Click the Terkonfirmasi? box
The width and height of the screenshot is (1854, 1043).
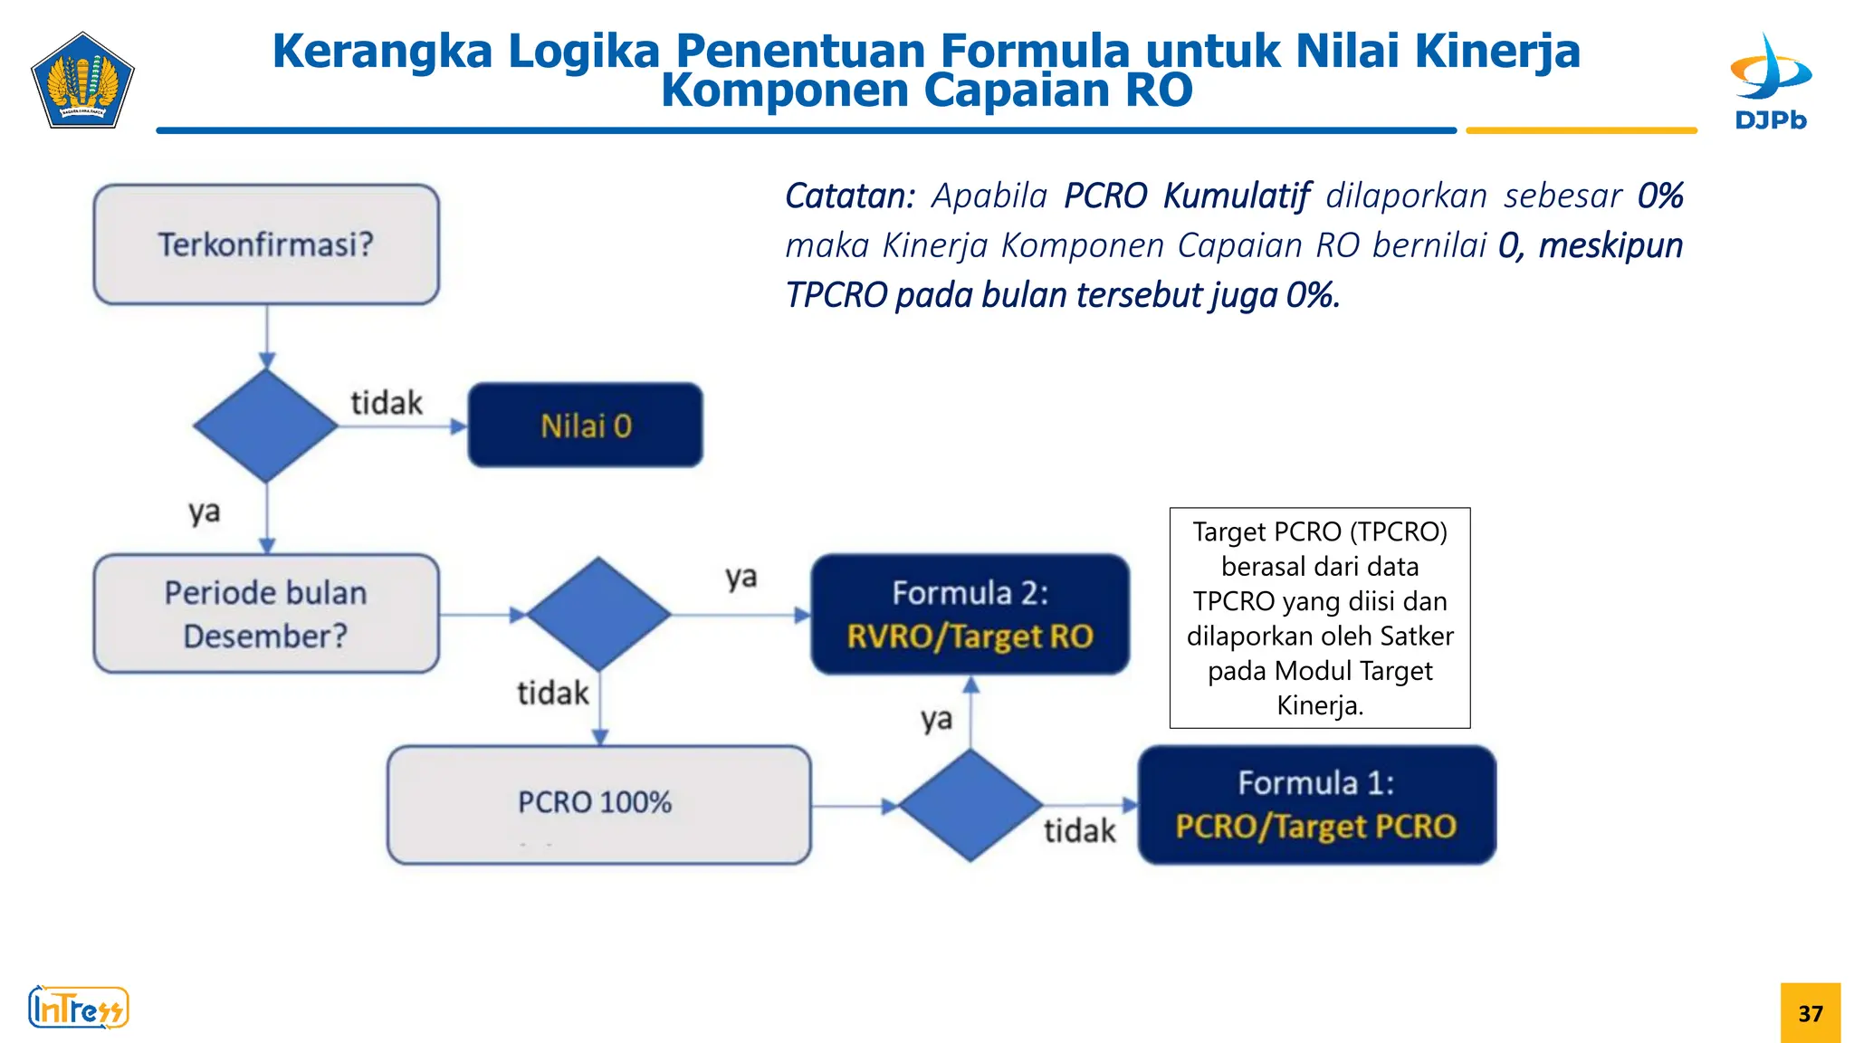coord(266,244)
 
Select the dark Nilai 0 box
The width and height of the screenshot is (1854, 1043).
coord(585,426)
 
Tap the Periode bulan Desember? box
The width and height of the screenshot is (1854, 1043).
coord(266,614)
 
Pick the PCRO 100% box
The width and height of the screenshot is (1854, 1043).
coord(598,804)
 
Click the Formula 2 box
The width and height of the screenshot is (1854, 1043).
coord(970,614)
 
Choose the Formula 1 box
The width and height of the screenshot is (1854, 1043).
coord(1316,804)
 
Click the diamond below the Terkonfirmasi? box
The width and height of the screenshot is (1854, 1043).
coord(266,426)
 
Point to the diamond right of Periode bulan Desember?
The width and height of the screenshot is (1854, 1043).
coord(598,614)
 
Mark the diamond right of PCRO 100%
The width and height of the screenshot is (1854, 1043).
coord(970,804)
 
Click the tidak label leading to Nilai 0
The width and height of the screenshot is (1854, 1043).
coord(387,403)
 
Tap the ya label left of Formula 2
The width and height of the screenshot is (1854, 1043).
coord(741,578)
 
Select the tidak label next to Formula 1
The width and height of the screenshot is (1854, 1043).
coord(1079,830)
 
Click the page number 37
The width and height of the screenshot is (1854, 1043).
coord(1810,1013)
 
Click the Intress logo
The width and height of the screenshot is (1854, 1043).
coord(79,1008)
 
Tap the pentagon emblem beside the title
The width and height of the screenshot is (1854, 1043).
coord(82,81)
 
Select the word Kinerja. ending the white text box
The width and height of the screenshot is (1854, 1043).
coord(1319,705)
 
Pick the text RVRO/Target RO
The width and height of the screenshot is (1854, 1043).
coord(970,636)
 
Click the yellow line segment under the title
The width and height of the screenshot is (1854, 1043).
coord(1581,131)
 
